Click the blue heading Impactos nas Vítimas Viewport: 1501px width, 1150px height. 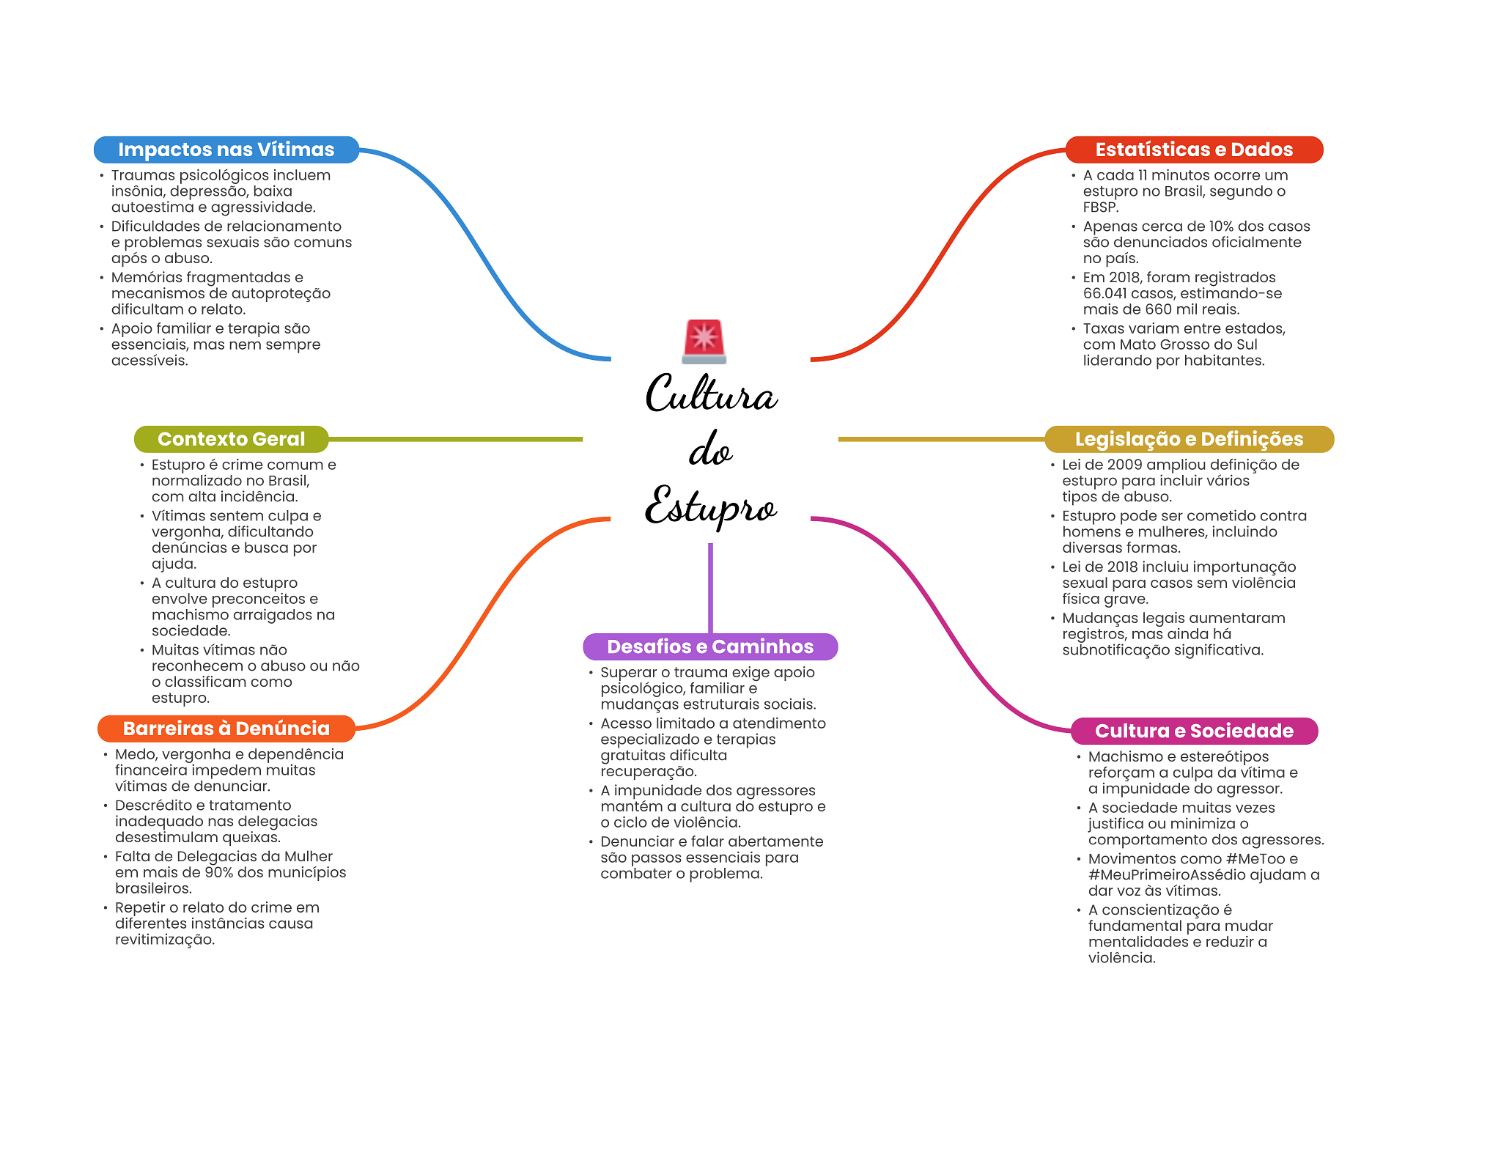226,150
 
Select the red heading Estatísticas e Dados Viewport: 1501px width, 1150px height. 1193,150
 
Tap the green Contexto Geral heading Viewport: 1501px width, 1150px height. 231,439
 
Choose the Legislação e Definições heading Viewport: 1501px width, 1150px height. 1189,439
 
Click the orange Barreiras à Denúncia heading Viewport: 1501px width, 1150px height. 226,729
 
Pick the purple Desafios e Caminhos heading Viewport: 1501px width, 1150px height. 709,646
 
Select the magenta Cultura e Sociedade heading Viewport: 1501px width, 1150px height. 1194,731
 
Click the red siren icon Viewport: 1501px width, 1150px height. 704,341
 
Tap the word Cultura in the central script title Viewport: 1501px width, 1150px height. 711,394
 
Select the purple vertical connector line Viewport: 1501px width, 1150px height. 710,586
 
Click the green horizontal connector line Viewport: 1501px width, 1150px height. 454,439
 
